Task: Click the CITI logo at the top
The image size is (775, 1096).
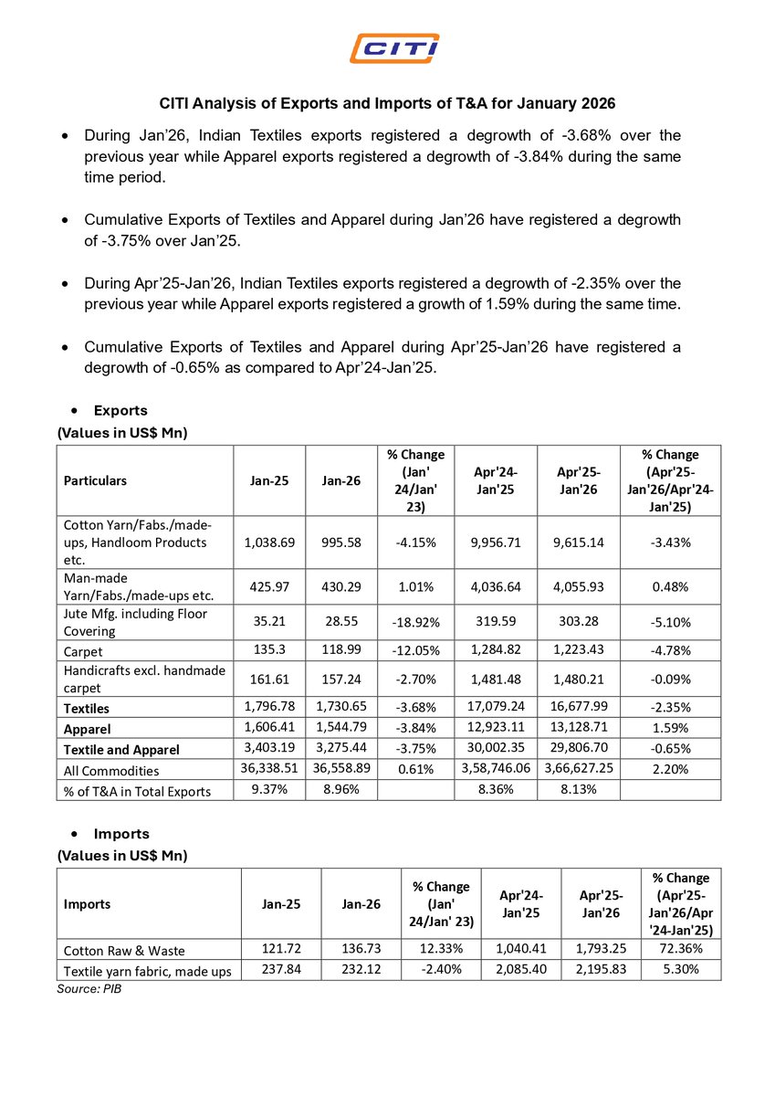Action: (x=395, y=47)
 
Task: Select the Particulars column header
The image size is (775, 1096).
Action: (x=95, y=480)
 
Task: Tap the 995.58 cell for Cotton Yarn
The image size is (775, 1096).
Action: (x=341, y=542)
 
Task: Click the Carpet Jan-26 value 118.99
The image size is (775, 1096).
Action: (x=341, y=651)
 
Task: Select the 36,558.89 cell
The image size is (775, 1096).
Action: (x=341, y=770)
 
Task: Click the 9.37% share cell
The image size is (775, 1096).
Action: (x=269, y=790)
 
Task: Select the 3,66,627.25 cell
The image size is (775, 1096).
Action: (x=580, y=770)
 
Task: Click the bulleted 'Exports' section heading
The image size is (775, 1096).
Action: (x=120, y=411)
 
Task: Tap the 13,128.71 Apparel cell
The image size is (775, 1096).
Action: (x=580, y=729)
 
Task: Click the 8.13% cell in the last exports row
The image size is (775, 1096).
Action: (x=580, y=790)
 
